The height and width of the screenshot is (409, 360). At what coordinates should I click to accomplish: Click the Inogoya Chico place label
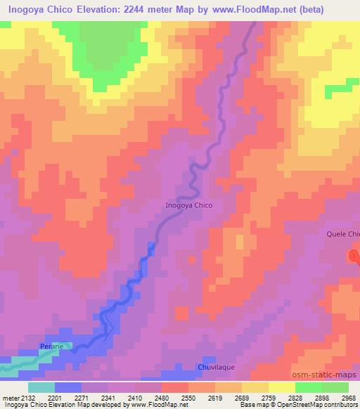pyautogui.click(x=188, y=206)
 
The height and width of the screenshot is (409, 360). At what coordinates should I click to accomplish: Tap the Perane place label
pyautogui.click(x=51, y=346)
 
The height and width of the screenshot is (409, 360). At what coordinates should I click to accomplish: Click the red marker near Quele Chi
pyautogui.click(x=355, y=255)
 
